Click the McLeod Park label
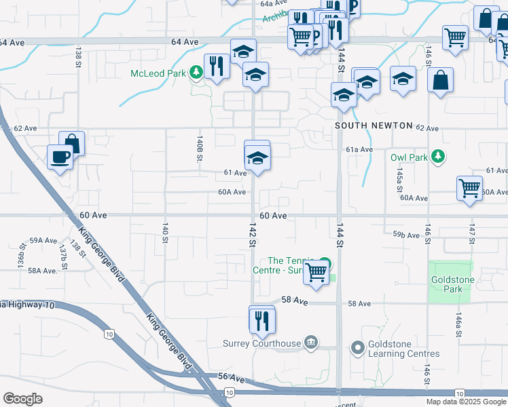(160, 72)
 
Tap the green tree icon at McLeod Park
(196, 71)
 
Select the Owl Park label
(410, 157)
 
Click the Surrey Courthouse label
(261, 343)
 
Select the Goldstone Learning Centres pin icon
(358, 349)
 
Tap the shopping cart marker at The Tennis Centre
(316, 272)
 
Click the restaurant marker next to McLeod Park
(216, 66)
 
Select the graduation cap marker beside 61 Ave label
(256, 159)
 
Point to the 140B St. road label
(200, 149)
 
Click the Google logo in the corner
(22, 399)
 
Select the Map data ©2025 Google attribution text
(467, 402)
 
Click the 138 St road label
(79, 52)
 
